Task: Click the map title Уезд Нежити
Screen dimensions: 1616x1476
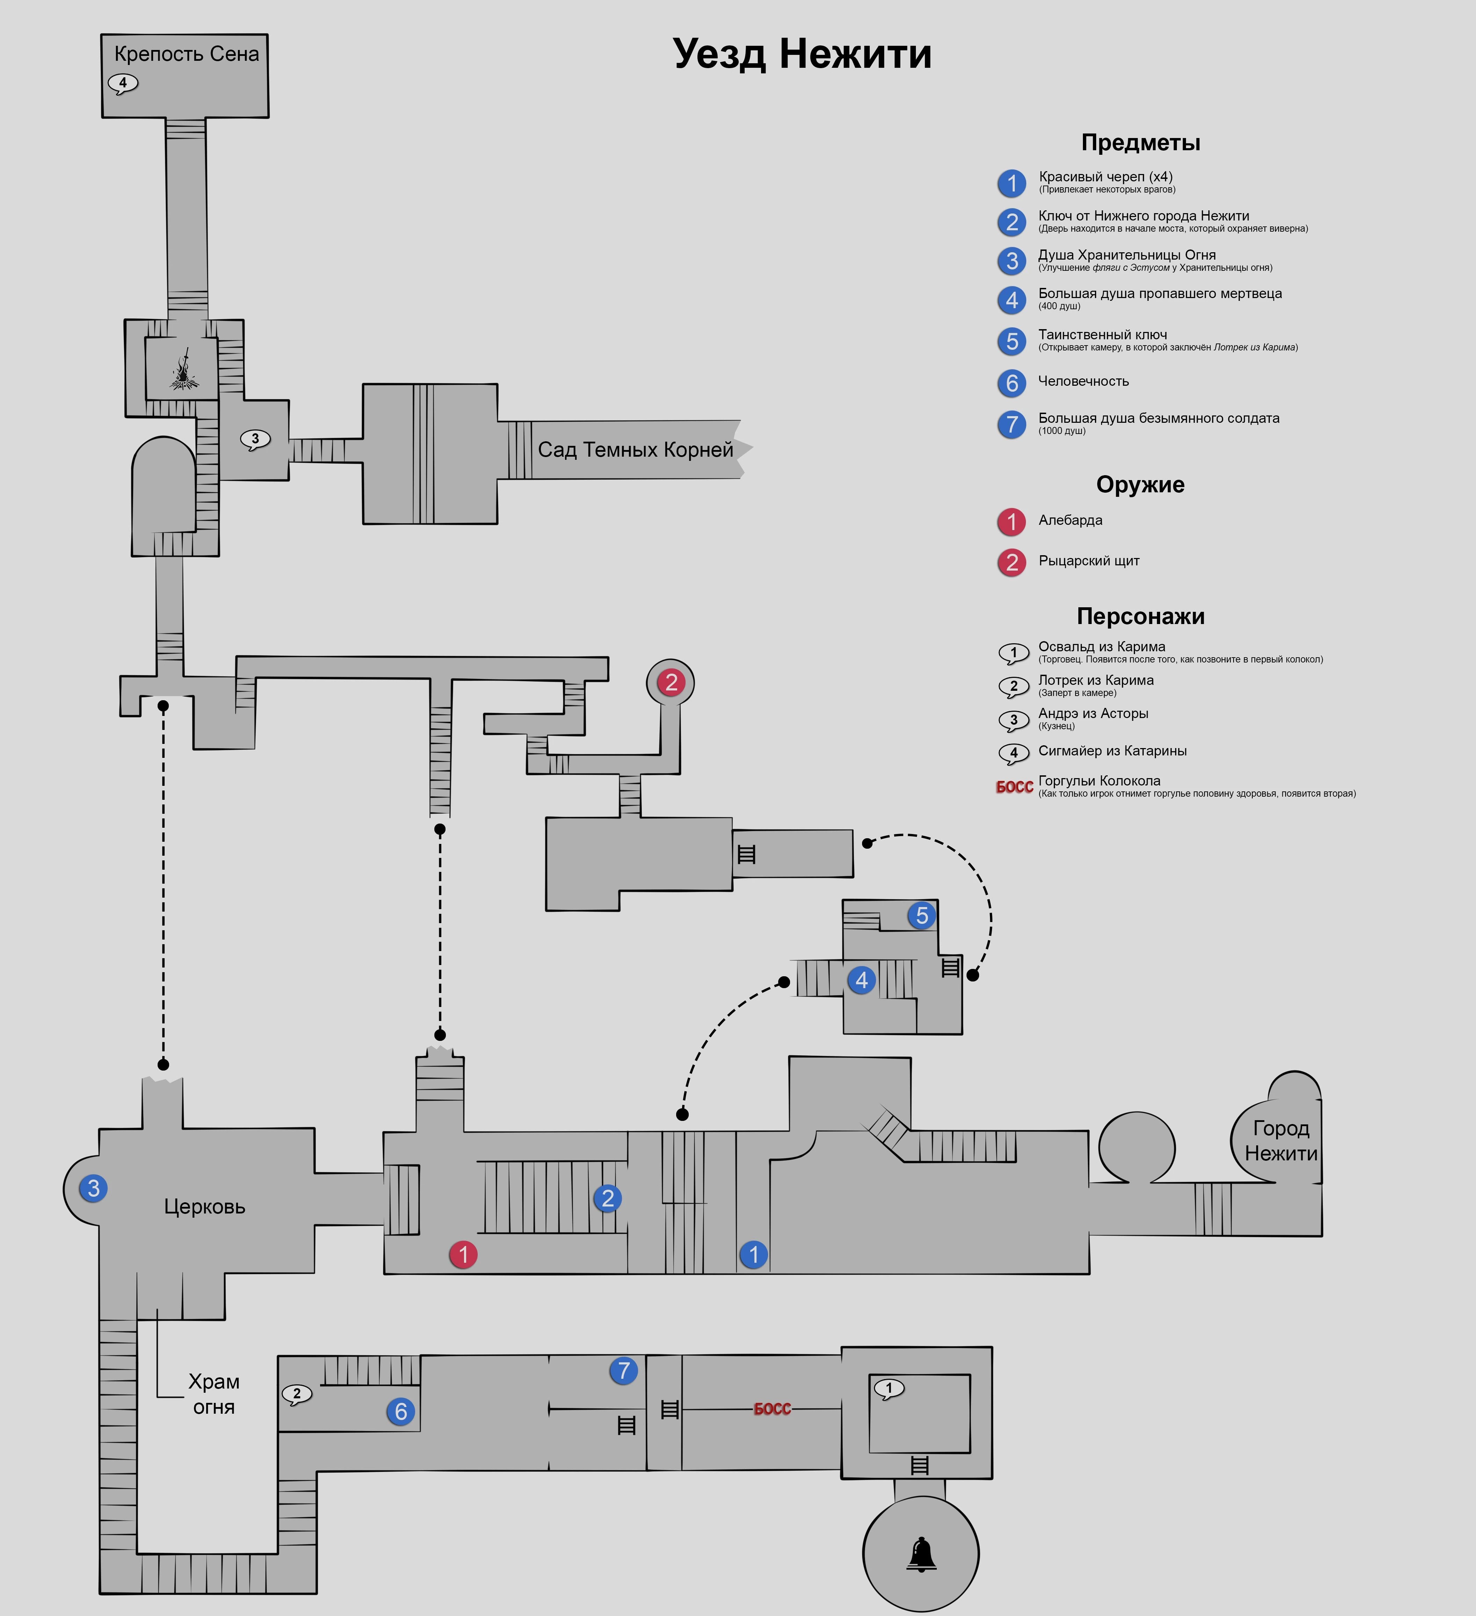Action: click(802, 55)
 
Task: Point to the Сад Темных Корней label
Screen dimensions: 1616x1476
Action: click(635, 450)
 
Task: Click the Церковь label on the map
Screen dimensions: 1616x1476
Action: click(204, 1206)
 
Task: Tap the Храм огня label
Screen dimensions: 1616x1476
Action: click(213, 1394)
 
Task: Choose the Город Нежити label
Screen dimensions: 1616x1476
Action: click(1280, 1141)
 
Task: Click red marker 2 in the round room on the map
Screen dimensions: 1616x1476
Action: click(671, 682)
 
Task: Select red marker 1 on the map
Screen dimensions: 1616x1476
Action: click(463, 1254)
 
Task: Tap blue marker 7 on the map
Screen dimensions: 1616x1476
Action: click(624, 1371)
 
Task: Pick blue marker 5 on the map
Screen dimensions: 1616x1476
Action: click(922, 915)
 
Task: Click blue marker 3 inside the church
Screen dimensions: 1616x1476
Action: click(94, 1188)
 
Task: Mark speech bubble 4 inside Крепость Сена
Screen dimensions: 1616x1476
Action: click(123, 82)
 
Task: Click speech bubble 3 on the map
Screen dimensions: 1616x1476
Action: click(255, 439)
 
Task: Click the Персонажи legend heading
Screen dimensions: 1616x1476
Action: click(1140, 616)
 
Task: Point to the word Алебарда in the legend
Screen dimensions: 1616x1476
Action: click(1070, 520)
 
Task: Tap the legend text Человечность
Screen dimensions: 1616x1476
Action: click(1083, 382)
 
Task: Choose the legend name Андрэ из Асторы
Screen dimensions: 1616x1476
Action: click(1093, 713)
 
